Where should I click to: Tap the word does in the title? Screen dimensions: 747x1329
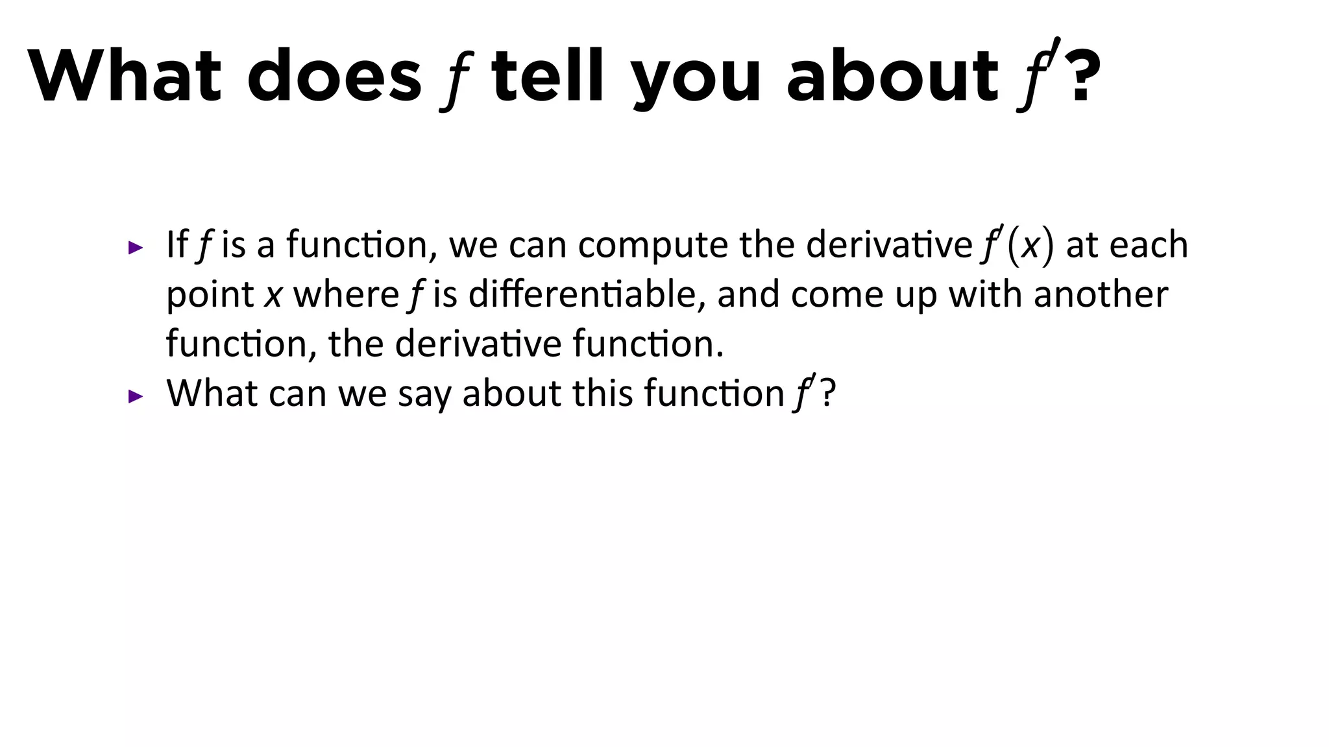coord(334,76)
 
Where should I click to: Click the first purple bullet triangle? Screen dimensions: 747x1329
coord(135,247)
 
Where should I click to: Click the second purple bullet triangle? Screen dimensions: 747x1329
coord(135,396)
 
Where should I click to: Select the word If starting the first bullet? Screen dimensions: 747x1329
coord(177,244)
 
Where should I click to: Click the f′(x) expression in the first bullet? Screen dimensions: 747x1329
coord(1016,245)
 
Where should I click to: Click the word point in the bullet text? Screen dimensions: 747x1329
coord(210,296)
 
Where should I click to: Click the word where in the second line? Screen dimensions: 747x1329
coord(346,294)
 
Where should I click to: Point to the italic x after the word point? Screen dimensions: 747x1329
coord(273,296)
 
